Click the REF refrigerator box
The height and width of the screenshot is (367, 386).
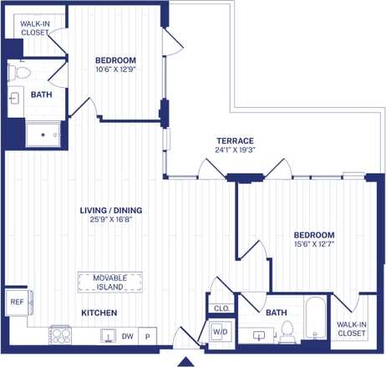click(x=16, y=302)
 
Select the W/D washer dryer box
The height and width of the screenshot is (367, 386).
click(x=220, y=332)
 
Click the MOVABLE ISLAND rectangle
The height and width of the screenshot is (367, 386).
click(x=109, y=282)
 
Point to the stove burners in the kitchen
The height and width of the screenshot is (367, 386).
click(x=62, y=334)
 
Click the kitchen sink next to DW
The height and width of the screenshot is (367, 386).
click(x=108, y=335)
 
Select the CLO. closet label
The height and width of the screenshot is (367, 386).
click(x=221, y=308)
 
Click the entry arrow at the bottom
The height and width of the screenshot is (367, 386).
click(x=188, y=361)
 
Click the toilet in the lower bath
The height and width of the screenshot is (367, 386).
click(x=287, y=332)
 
